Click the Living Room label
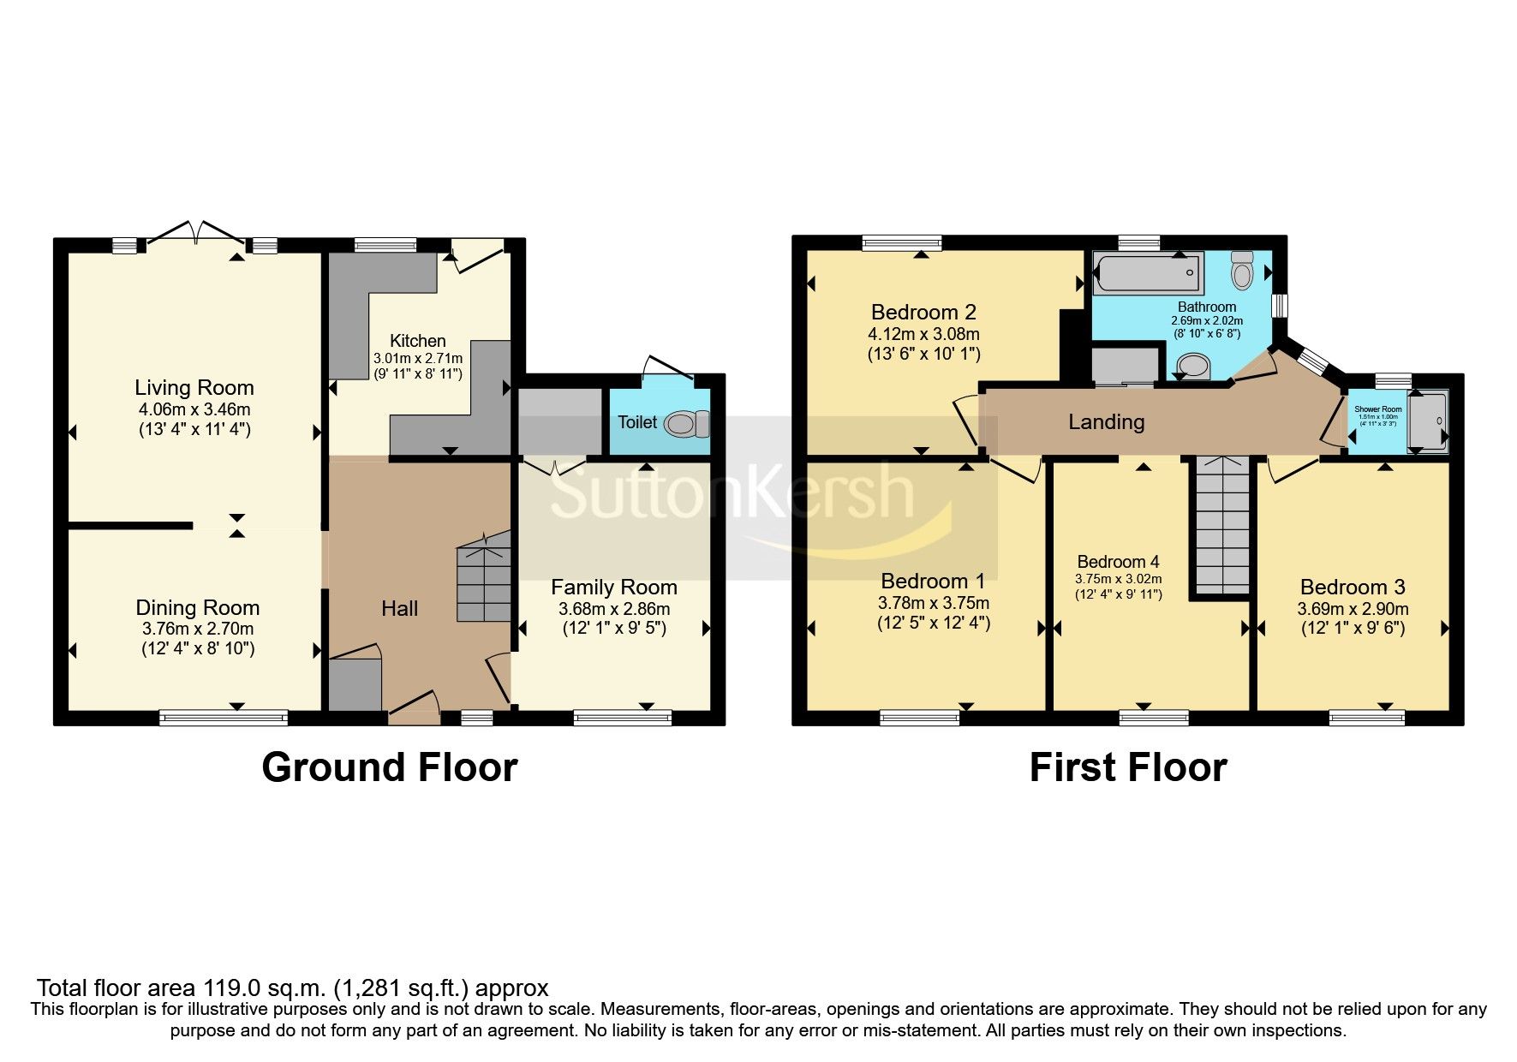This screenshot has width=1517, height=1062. pos(194,387)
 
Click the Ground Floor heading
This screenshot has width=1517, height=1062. pos(389,767)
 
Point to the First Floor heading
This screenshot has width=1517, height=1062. pos(1127,767)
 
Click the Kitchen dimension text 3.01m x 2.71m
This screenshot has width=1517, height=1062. pos(417,358)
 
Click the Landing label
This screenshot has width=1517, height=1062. pos(1106,421)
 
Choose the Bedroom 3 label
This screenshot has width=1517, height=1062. pos(1352,587)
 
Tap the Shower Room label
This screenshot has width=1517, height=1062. pos(1377,409)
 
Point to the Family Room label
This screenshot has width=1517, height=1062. pos(613,588)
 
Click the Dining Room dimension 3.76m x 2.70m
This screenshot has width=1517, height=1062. pos(197,629)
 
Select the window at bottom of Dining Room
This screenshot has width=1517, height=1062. pos(224,717)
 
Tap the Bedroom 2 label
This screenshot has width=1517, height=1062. pos(923,312)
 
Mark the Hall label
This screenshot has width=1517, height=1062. pos(399,608)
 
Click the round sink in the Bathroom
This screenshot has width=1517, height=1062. pos(1192,367)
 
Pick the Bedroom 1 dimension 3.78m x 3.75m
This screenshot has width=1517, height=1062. pos(933,603)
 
